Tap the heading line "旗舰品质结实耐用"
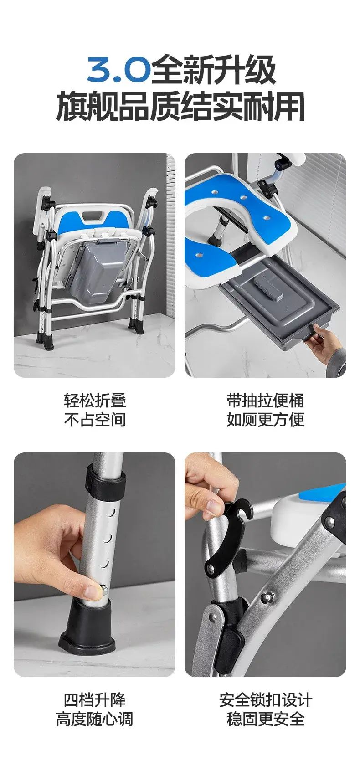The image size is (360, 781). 180,106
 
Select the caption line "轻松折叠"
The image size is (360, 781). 94,401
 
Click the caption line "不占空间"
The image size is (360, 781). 94,420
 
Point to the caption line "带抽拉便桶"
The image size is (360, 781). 265,401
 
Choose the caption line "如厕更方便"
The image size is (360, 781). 265,420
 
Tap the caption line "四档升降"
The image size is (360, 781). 94,700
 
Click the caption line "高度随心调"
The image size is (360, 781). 94,719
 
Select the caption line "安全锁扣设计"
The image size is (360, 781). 265,700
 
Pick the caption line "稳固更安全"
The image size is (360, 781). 265,719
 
